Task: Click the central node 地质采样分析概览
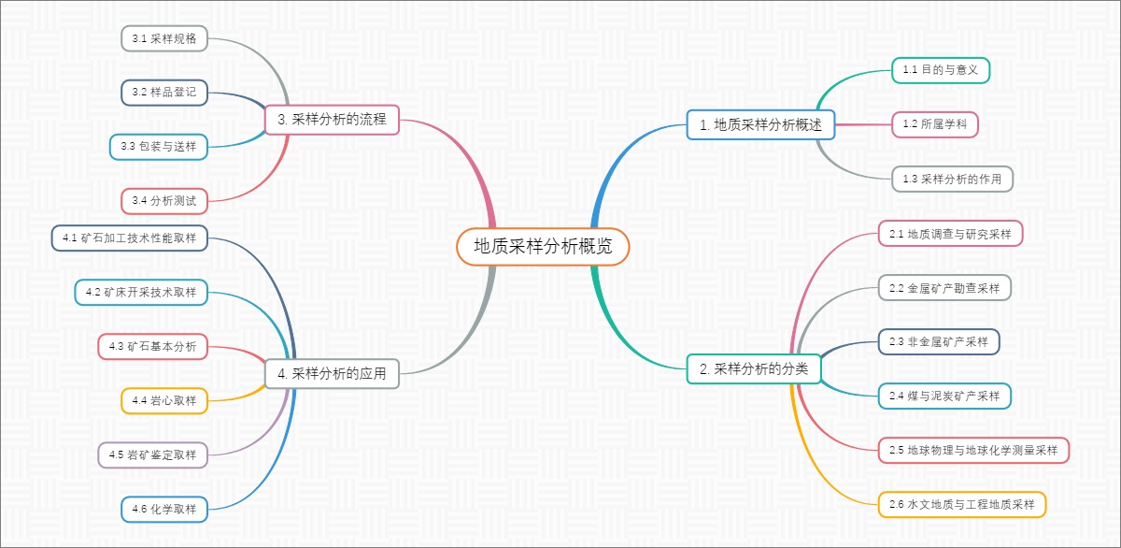click(543, 247)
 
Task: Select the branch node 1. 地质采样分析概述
click(760, 124)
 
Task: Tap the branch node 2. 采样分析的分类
click(753, 369)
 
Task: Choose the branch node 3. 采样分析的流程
click(332, 119)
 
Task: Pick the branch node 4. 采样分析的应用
click(332, 373)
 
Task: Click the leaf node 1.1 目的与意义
click(941, 70)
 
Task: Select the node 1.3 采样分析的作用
click(952, 178)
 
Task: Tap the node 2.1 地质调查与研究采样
click(950, 234)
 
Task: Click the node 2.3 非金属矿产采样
click(938, 341)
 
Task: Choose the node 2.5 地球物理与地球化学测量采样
click(972, 450)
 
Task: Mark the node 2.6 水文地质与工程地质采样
click(961, 504)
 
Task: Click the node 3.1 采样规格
click(163, 38)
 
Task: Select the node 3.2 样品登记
click(163, 92)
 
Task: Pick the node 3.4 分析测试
click(163, 200)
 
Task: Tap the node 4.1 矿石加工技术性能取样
click(129, 238)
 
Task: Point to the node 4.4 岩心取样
click(163, 400)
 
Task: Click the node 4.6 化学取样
click(163, 509)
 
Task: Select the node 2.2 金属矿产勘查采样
click(944, 288)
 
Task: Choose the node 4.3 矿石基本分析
click(152, 346)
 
